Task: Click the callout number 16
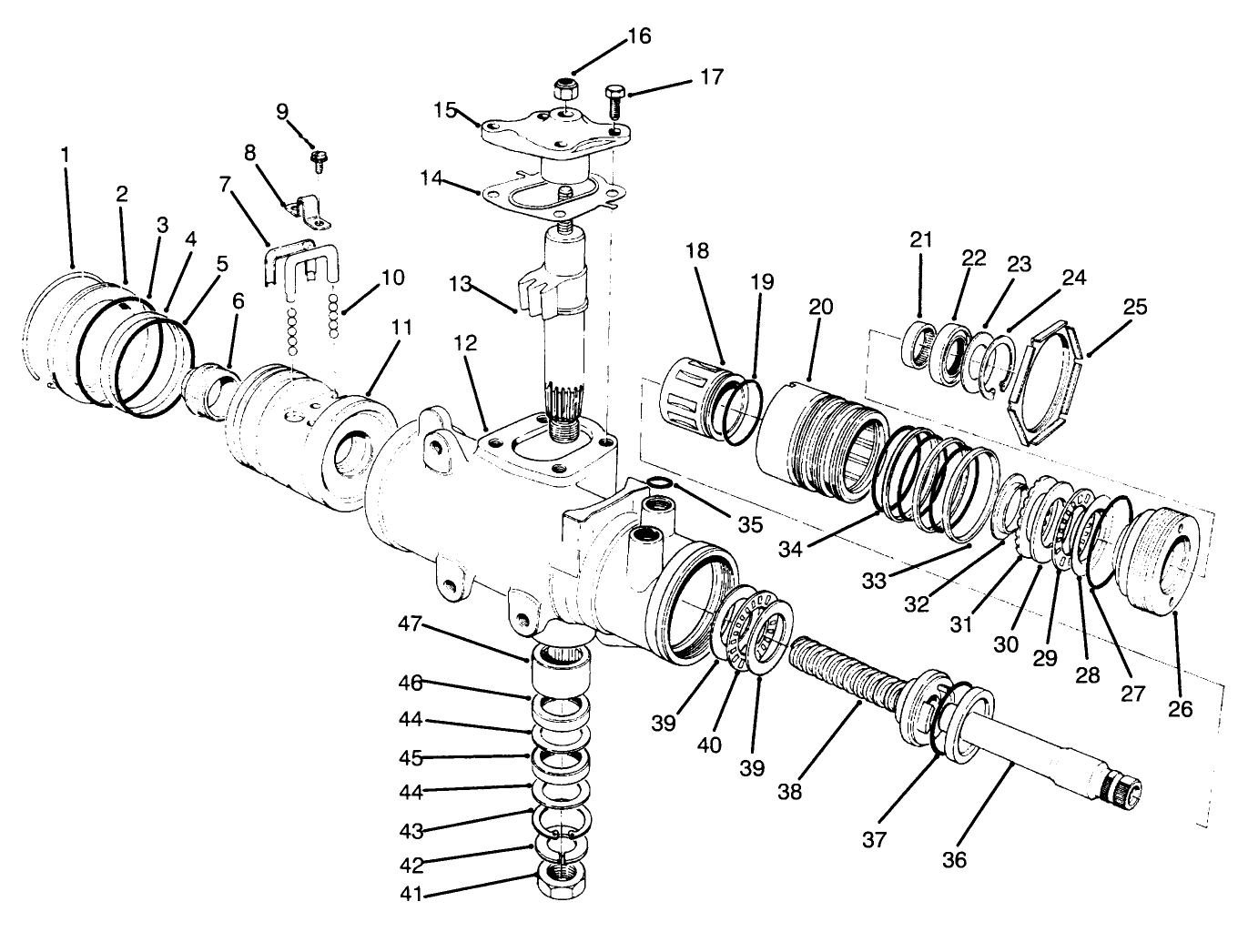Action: point(639,35)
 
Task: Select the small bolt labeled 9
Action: point(319,162)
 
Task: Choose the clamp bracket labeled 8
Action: point(306,212)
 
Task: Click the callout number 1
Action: point(65,155)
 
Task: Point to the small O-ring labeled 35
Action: point(660,483)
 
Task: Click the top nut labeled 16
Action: point(567,90)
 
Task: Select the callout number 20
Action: point(820,307)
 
